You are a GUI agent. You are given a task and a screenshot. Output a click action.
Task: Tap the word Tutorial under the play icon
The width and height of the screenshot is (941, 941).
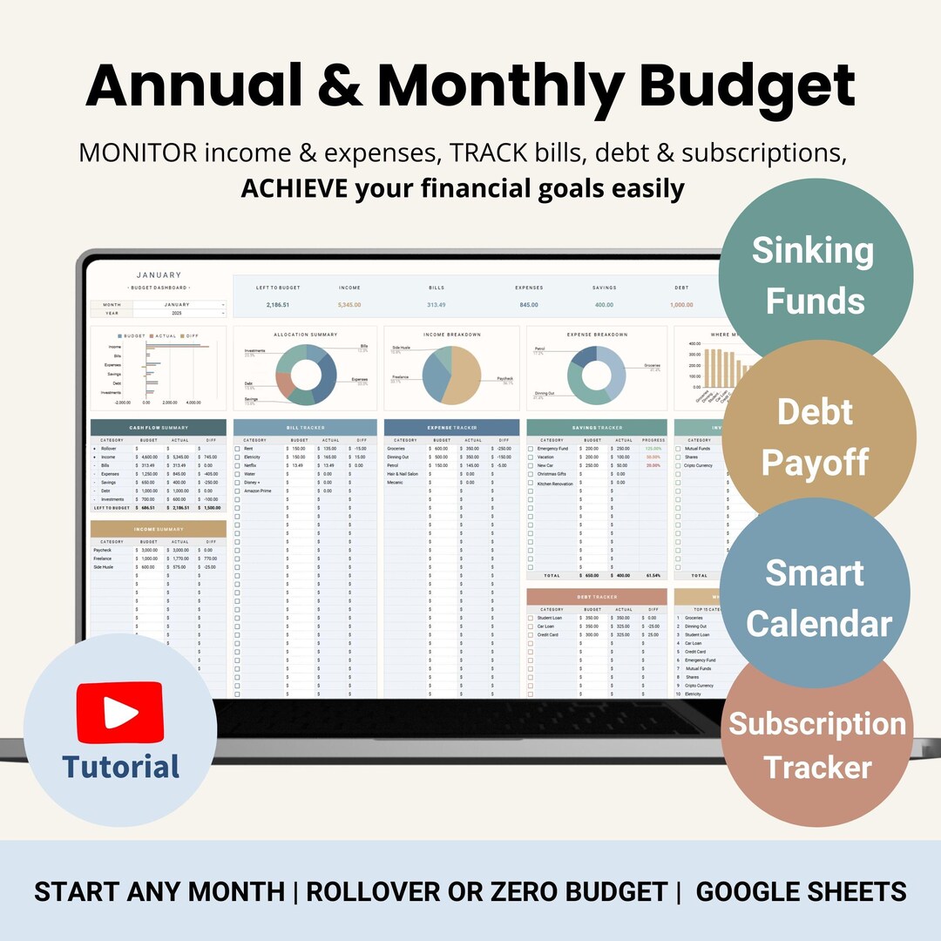pos(120,767)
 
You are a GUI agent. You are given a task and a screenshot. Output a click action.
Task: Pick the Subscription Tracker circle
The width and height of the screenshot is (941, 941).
pos(817,745)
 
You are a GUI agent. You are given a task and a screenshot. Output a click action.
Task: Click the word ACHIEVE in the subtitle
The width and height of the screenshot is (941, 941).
pos(294,188)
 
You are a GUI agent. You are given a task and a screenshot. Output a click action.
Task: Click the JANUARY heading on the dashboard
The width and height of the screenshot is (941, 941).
pos(159,275)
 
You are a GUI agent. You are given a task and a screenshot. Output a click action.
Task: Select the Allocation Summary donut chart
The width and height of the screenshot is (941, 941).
pos(306,374)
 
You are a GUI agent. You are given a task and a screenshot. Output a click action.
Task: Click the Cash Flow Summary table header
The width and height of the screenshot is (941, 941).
pos(158,428)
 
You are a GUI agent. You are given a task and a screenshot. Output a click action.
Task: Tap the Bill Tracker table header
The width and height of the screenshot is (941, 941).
pos(305,428)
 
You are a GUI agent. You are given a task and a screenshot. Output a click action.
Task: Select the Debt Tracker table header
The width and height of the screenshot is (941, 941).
pos(597,597)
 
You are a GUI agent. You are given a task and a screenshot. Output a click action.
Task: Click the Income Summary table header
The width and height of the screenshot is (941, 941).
pos(158,529)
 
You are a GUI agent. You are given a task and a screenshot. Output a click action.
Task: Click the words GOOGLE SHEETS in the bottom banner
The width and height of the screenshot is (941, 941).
pos(801,891)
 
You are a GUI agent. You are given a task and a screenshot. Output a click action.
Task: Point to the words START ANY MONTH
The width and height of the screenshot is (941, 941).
pos(159,891)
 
